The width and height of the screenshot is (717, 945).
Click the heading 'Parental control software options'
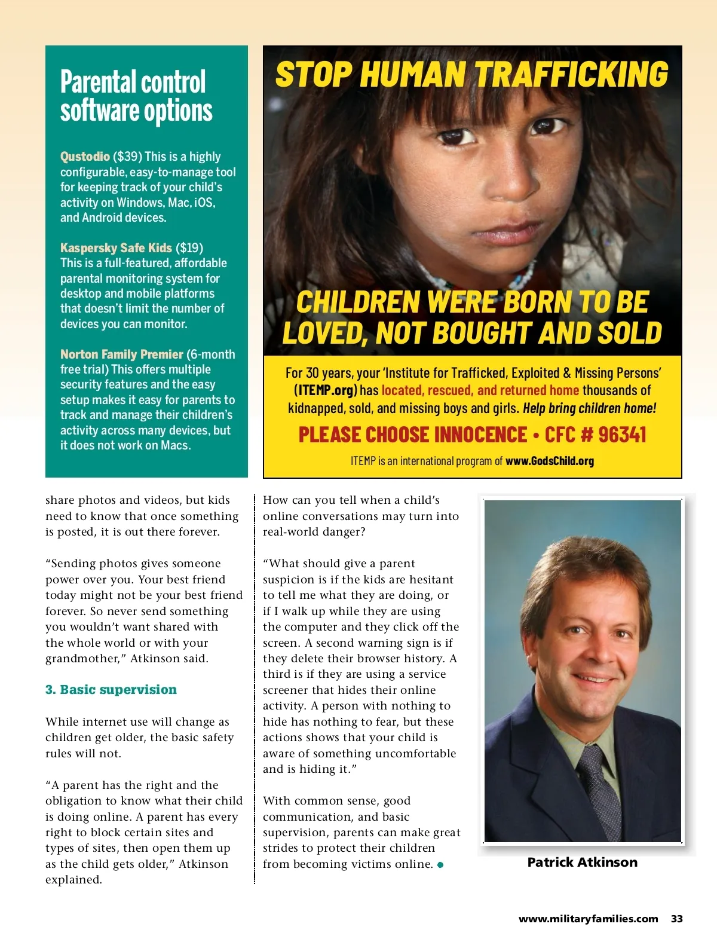click(136, 96)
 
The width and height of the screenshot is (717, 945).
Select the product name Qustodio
click(85, 157)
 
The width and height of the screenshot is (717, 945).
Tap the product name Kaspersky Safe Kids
click(116, 248)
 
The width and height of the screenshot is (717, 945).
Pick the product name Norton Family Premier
click(121, 354)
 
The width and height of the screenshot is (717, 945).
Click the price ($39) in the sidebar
click(127, 157)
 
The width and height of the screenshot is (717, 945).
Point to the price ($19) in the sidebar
click(189, 248)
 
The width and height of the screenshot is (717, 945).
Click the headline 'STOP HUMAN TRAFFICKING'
click(471, 74)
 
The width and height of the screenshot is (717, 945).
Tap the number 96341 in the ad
click(622, 435)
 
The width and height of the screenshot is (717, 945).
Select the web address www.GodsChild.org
click(549, 461)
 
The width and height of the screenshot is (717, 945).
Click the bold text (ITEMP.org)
click(325, 391)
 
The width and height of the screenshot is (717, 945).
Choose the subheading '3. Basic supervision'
click(111, 690)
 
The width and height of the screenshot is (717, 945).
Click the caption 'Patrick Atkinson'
click(582, 863)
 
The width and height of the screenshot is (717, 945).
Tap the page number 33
click(676, 919)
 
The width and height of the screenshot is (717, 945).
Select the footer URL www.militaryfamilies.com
click(588, 919)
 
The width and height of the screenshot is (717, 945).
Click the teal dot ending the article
click(440, 865)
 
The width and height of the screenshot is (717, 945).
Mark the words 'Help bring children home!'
click(589, 409)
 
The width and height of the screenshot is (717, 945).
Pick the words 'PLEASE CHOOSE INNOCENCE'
click(412, 435)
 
